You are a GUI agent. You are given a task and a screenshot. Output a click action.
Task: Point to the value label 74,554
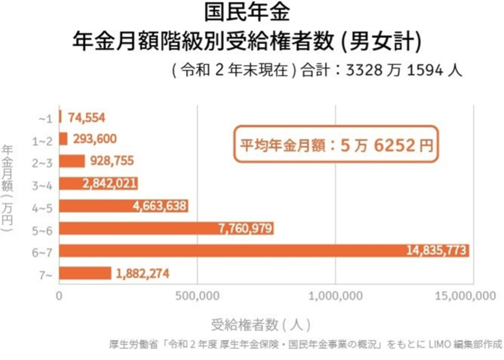coord(87,117)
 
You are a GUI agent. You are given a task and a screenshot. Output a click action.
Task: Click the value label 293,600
coord(95,139)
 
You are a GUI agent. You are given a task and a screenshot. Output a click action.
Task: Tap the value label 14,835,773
coord(436,251)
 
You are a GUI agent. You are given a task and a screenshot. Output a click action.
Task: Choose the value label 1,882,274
coord(143,273)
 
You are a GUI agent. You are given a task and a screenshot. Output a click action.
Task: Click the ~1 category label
coord(46,119)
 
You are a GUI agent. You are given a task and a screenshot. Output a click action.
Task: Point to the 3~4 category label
coord(43,185)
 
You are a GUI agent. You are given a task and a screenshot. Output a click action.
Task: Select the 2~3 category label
coord(43,163)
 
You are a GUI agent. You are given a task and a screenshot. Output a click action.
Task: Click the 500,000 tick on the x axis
coord(197,296)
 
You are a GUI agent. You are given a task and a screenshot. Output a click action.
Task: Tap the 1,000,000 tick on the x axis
coord(335,296)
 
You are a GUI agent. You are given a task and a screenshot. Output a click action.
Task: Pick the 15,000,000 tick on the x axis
coord(467,296)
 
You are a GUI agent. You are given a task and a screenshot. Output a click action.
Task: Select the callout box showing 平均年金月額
coord(337,144)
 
